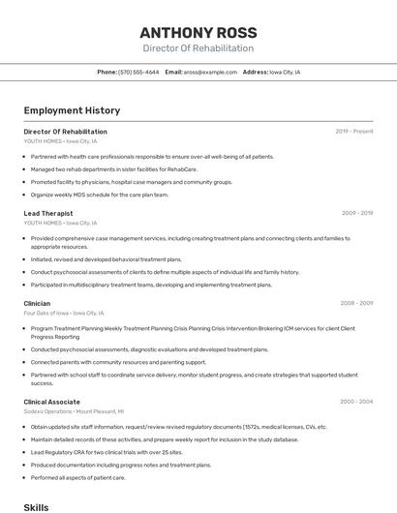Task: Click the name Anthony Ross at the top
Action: point(198,32)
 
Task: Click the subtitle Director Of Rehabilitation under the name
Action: point(198,48)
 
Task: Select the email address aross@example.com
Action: point(210,73)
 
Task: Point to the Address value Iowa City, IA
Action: point(285,73)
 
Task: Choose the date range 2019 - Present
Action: point(353,132)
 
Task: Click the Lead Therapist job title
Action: point(48,213)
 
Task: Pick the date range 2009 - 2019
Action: point(356,213)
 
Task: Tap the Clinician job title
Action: point(37,303)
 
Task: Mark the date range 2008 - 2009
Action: point(356,303)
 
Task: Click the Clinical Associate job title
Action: point(51,402)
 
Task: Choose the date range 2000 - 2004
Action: point(356,402)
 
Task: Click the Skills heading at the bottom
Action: point(36,507)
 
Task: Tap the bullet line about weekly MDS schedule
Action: point(99,195)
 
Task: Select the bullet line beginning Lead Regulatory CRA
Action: point(107,452)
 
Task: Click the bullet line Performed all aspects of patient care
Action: point(78,477)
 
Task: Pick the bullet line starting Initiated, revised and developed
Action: point(106,259)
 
